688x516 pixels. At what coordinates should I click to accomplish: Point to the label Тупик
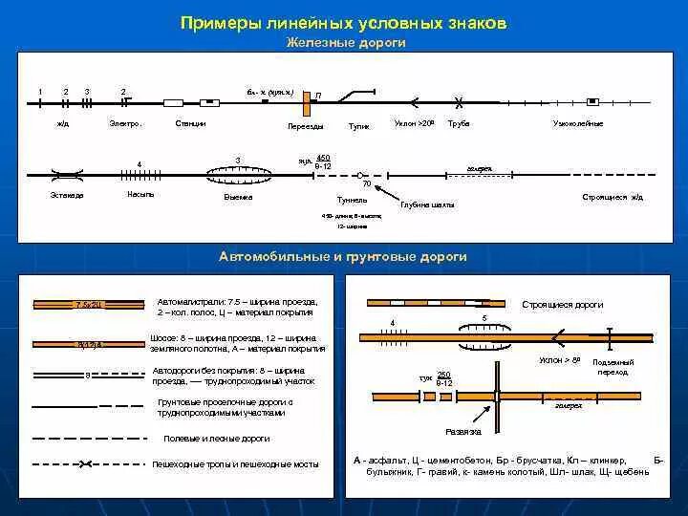tap(359, 125)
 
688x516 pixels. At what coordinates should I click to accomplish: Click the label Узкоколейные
tap(578, 124)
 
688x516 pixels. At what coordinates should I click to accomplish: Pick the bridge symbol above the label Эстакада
tap(67, 175)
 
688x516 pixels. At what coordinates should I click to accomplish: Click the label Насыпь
tap(140, 194)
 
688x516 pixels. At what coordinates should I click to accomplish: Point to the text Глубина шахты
tap(427, 204)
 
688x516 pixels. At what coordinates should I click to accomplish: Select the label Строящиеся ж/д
tap(613, 197)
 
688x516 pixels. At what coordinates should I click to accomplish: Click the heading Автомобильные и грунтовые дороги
tap(342, 257)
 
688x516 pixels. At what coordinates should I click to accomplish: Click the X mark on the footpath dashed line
tap(86, 464)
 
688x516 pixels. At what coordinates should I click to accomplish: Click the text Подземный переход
tap(610, 368)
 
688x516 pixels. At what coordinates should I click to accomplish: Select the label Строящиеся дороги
tap(562, 305)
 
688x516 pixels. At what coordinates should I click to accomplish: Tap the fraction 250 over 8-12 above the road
tap(444, 377)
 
